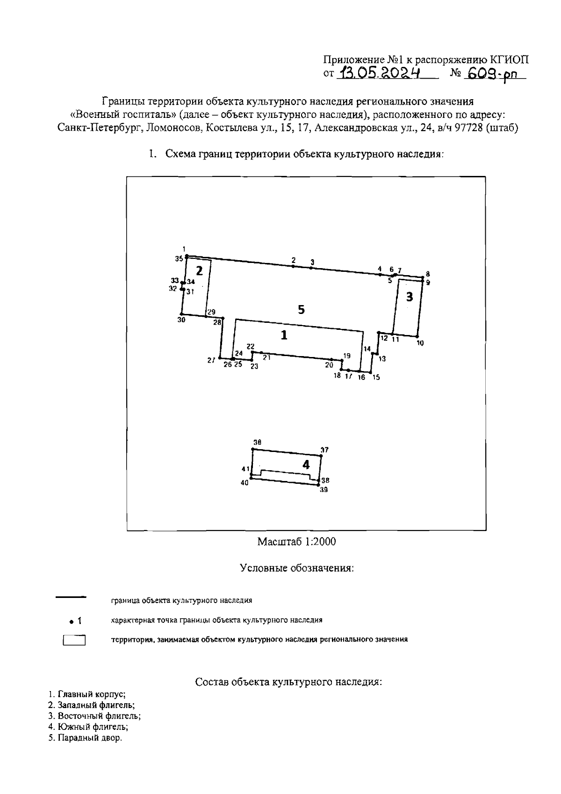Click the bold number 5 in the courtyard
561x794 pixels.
[x=302, y=309]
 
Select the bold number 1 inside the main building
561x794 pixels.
[x=284, y=335]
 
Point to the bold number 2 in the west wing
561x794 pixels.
[x=199, y=271]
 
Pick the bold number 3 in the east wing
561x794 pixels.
[x=410, y=297]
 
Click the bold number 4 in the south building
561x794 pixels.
[x=306, y=465]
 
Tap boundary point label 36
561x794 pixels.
[x=257, y=442]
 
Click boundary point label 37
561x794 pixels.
[x=324, y=450]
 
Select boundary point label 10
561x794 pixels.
[x=420, y=343]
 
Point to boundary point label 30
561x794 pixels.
[x=181, y=320]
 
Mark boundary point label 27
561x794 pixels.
[x=211, y=360]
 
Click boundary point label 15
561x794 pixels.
[x=376, y=377]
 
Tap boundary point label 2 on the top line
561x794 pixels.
[x=294, y=260]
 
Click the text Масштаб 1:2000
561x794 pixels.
[x=296, y=542]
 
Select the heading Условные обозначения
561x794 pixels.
[x=296, y=568]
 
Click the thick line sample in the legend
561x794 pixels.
[x=71, y=597]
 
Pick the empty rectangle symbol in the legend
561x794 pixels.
[x=74, y=640]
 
